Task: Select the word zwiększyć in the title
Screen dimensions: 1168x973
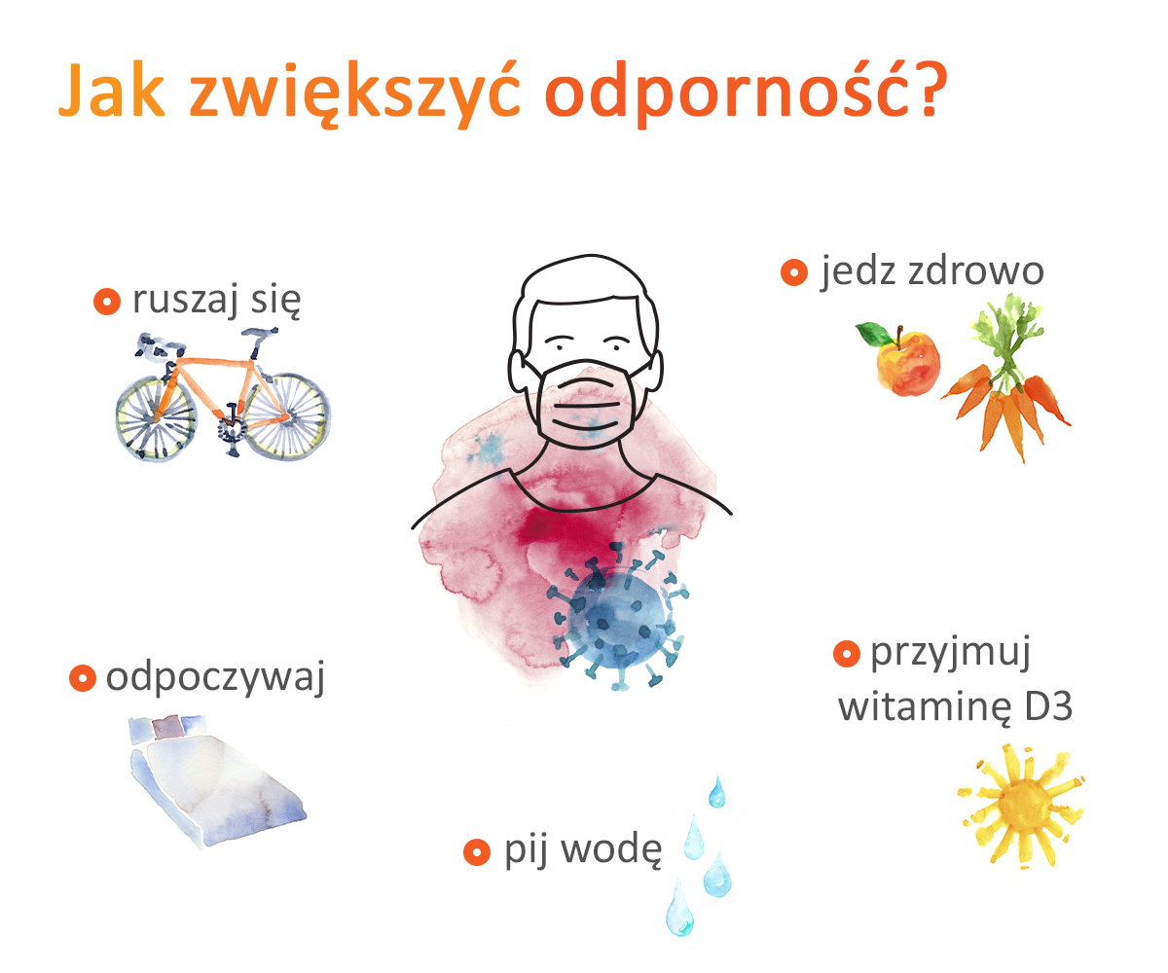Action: tap(354, 92)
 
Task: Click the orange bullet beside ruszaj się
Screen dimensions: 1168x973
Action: tap(107, 302)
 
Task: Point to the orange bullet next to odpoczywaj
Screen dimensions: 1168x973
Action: tap(82, 678)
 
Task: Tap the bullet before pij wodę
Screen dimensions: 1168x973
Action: tap(477, 852)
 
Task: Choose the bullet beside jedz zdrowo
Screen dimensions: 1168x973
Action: tap(794, 272)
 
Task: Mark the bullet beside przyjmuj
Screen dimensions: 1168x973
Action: tap(847, 653)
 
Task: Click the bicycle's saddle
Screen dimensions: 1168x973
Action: tap(260, 334)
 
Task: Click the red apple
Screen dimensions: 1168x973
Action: tap(907, 363)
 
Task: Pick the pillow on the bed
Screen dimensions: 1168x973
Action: tap(167, 727)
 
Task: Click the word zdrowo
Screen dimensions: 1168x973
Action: tap(976, 270)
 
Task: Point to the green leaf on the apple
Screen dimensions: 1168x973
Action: tap(874, 334)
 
